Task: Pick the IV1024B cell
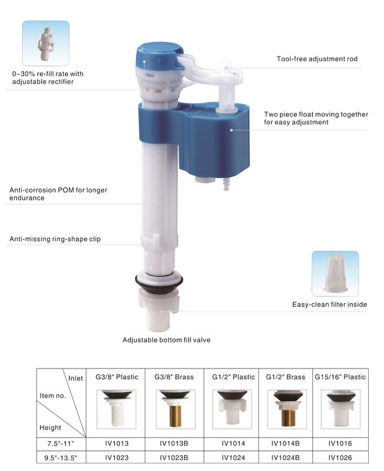click(286, 456)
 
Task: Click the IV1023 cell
click(116, 456)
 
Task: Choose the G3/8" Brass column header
click(173, 377)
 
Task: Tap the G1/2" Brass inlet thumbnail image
click(286, 409)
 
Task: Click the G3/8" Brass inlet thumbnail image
click(173, 409)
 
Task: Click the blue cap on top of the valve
click(158, 55)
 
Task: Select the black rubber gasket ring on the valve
click(158, 281)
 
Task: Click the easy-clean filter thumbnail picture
click(335, 274)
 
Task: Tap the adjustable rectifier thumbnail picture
click(46, 44)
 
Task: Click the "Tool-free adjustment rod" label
click(317, 59)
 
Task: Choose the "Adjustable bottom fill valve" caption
click(166, 340)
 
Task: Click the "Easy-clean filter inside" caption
click(329, 304)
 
